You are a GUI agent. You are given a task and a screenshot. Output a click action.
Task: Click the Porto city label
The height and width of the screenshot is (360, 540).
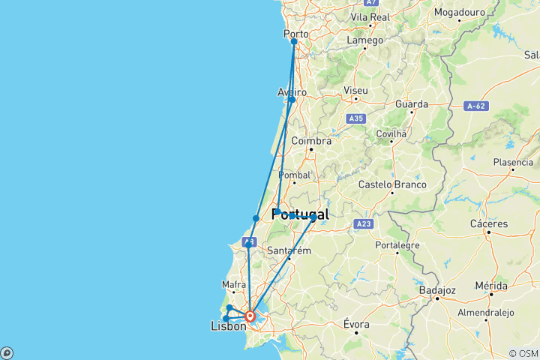click(x=295, y=34)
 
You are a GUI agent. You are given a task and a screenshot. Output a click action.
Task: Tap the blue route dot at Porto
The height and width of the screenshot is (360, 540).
click(x=294, y=42)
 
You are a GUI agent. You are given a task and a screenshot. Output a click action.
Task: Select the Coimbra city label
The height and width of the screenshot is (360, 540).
click(x=311, y=141)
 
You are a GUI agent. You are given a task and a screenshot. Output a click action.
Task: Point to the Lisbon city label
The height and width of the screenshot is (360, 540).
click(x=229, y=326)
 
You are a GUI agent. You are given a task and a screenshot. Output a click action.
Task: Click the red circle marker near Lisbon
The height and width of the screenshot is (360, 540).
click(x=250, y=316)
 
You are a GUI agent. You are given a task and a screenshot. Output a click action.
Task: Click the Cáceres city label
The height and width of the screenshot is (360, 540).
click(x=490, y=223)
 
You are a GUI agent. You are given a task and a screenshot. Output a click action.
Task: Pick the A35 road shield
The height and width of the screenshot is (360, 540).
click(x=356, y=118)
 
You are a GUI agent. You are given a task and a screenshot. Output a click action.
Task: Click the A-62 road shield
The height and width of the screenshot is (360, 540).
click(x=476, y=106)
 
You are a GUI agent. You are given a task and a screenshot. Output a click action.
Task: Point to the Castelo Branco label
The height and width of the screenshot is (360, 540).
click(x=392, y=184)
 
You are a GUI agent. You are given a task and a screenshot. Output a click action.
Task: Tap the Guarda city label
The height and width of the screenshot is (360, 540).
click(x=412, y=105)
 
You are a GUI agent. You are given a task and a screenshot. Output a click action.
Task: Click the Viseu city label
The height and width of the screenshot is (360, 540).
click(x=355, y=91)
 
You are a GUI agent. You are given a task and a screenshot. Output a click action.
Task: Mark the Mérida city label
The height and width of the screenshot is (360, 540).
click(x=490, y=286)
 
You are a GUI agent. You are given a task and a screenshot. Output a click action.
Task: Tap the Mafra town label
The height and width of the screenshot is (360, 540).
click(x=234, y=284)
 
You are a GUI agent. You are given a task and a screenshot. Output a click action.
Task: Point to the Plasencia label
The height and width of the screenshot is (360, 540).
click(x=513, y=162)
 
